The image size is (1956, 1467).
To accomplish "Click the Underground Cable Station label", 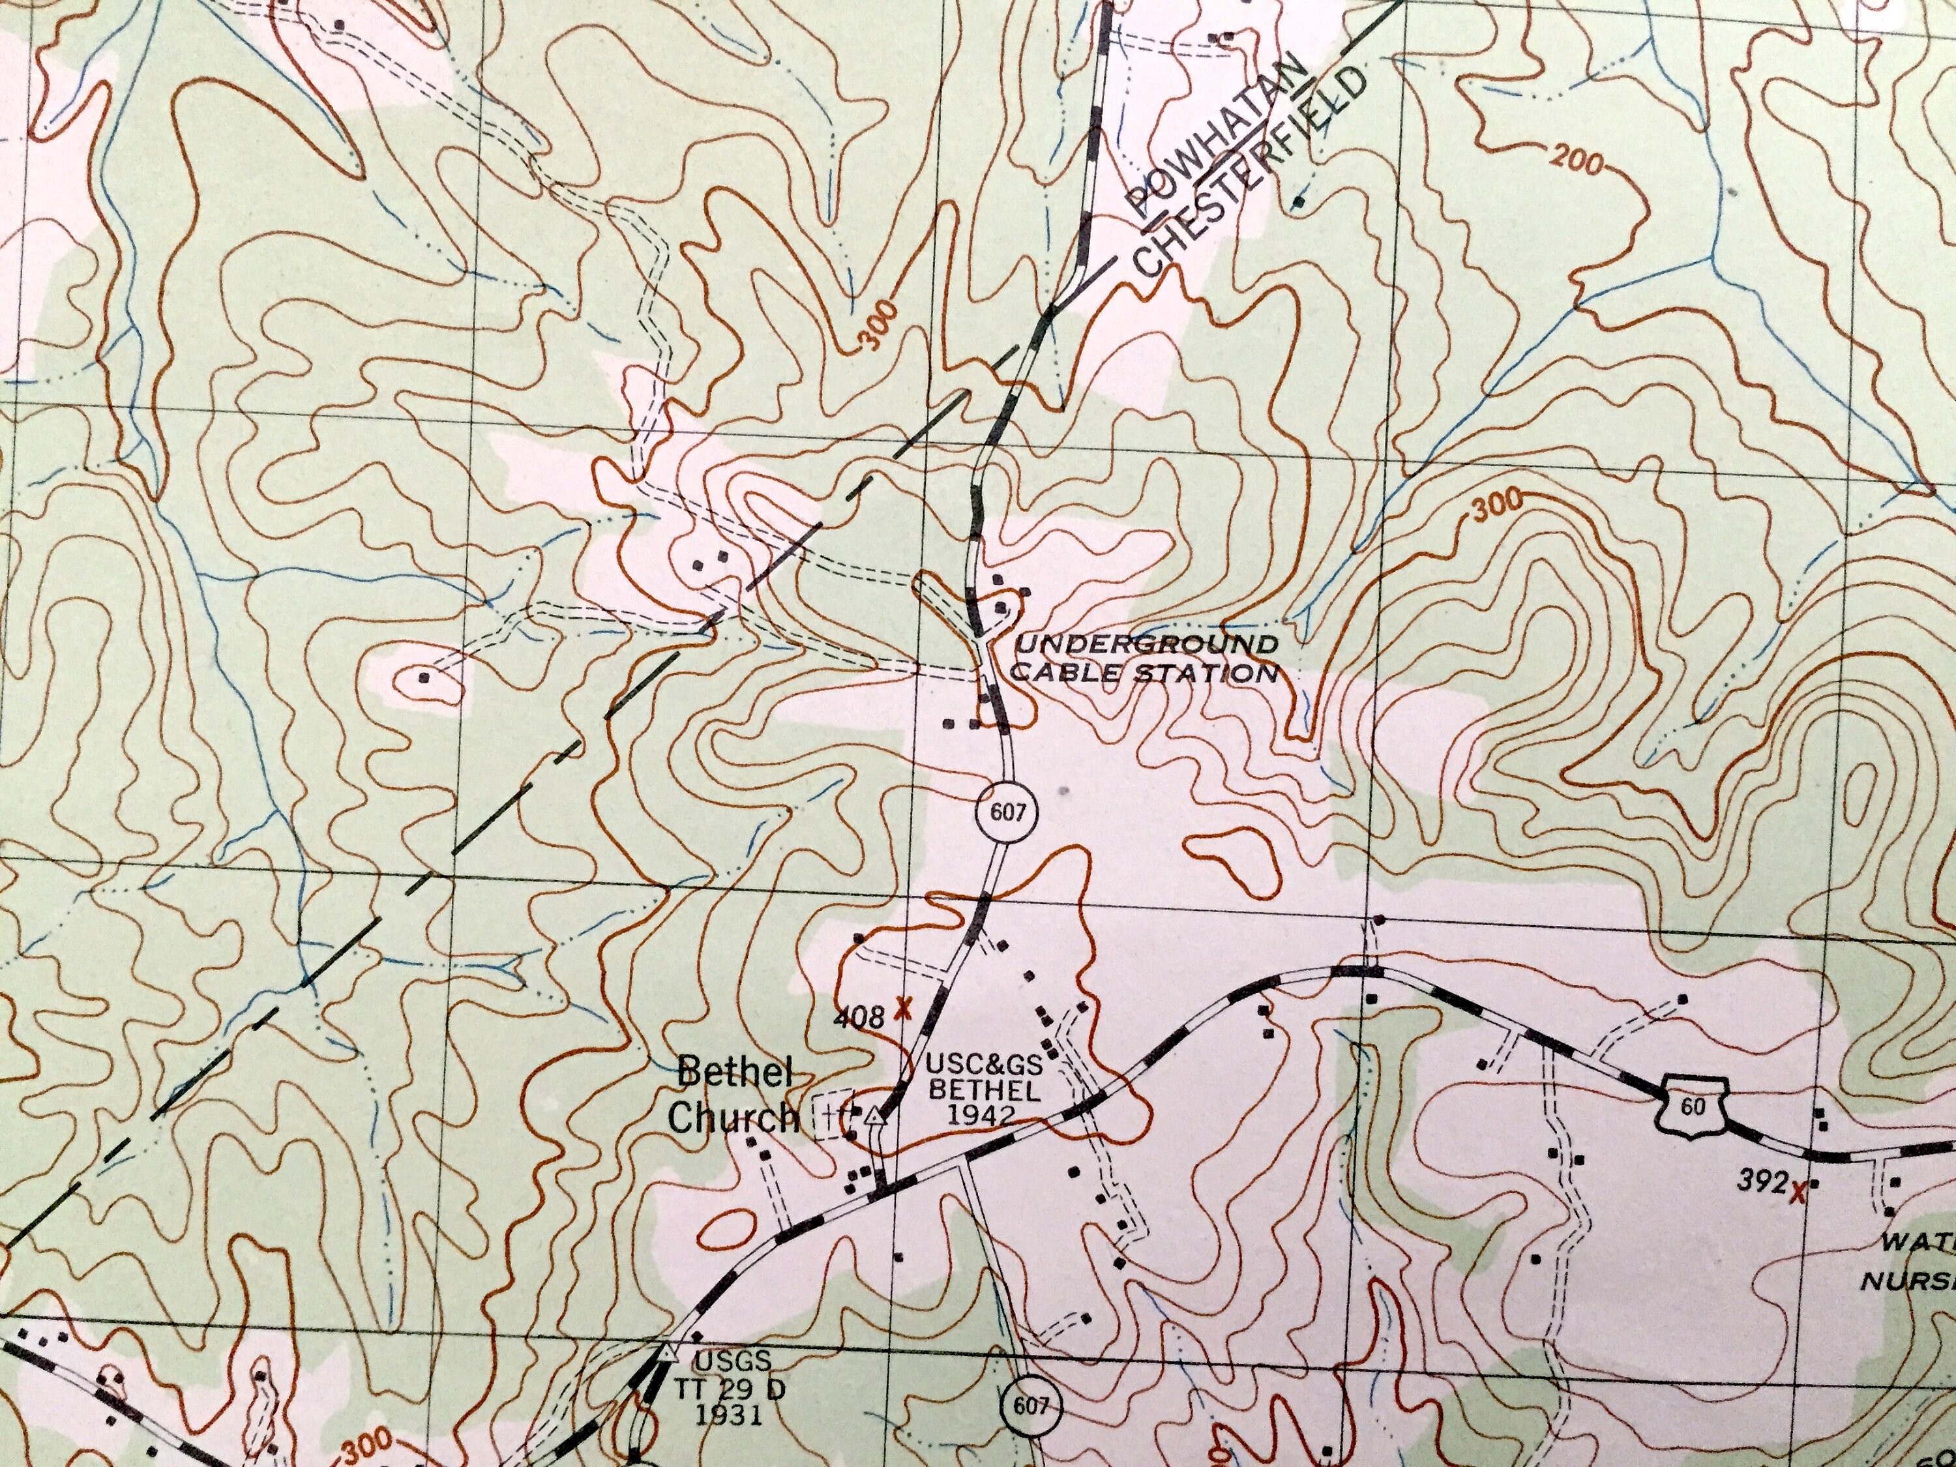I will [1145, 658].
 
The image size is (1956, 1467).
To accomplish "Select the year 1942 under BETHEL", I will [980, 1115].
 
